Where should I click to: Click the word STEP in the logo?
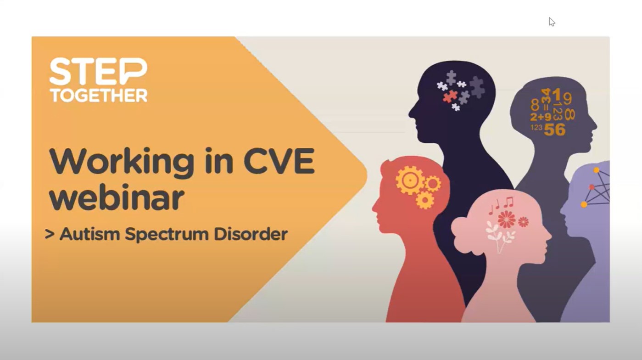point(98,72)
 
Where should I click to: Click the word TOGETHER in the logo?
point(99,95)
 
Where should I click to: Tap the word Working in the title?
point(122,163)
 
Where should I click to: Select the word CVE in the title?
point(279,161)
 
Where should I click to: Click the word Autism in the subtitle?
point(89,234)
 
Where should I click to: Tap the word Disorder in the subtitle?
point(251,234)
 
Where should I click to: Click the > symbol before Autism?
point(50,234)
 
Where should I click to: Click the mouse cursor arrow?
point(552,22)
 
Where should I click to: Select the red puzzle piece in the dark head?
point(450,96)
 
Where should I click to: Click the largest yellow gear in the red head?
point(410,180)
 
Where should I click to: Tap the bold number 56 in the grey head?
point(555,129)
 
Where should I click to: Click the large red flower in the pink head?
point(507,219)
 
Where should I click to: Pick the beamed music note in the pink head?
point(509,202)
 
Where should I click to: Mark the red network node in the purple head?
point(592,187)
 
